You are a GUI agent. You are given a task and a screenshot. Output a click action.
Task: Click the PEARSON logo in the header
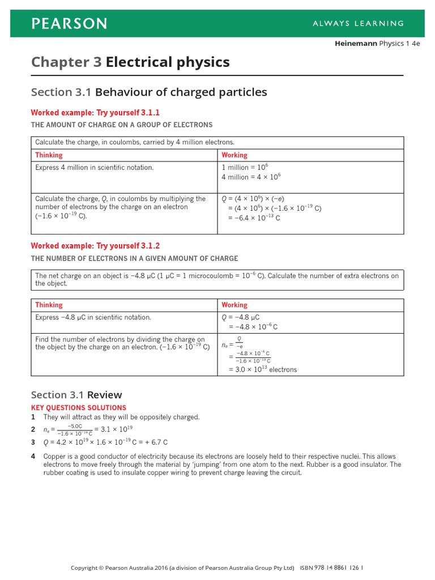click(69, 23)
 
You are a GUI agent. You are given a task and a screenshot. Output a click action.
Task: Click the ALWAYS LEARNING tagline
click(358, 23)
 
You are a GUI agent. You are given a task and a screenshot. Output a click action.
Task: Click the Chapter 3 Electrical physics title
click(130, 62)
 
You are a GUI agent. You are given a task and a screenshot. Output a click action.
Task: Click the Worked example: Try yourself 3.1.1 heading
click(95, 113)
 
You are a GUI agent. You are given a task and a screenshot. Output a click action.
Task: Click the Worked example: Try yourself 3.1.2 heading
click(95, 246)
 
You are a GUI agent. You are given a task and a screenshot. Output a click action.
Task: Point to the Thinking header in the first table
click(49, 155)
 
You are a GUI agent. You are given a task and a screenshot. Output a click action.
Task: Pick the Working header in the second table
click(234, 305)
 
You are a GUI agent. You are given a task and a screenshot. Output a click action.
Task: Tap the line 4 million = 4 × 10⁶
click(251, 177)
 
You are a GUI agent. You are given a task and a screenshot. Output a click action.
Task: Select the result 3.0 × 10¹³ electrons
click(262, 369)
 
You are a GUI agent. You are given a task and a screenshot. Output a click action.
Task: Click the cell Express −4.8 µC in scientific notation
click(93, 318)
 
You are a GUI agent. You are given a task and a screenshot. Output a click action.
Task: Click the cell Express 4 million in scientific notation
click(95, 168)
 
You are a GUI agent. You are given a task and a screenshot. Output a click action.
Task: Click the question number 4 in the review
click(33, 457)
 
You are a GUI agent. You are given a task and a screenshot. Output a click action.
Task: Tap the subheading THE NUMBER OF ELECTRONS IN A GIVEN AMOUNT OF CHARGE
click(134, 258)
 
